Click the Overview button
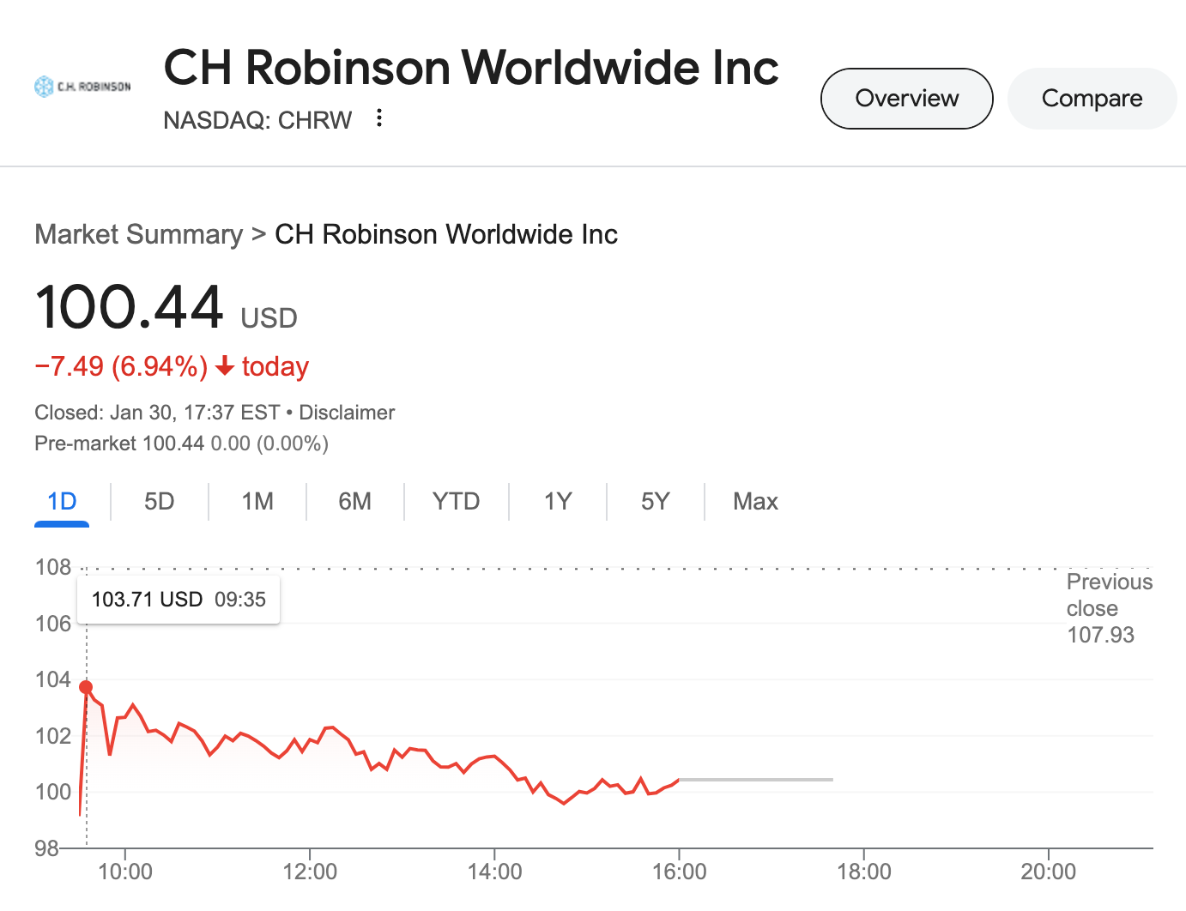coord(906,99)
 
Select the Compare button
coord(1092,99)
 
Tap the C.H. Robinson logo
coord(82,87)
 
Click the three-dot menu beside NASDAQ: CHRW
coord(379,118)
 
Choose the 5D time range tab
coord(160,501)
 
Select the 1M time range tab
coord(257,501)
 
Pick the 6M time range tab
coord(355,501)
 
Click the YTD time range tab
coord(456,501)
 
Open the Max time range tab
coord(755,501)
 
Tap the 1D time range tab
coord(62,501)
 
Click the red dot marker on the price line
coord(86,687)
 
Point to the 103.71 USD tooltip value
coord(147,600)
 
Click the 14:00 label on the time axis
coord(495,872)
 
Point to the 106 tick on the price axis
coord(53,624)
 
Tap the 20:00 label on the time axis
coord(1048,872)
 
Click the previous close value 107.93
coord(1100,635)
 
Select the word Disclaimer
coord(347,413)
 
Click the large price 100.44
coord(130,307)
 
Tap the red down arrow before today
coord(225,367)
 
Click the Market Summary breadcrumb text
coord(139,234)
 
